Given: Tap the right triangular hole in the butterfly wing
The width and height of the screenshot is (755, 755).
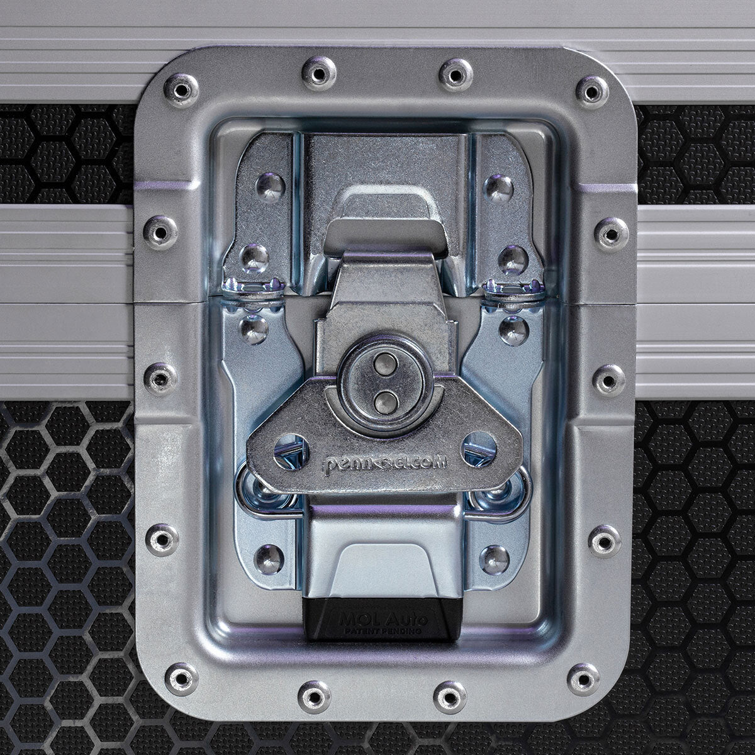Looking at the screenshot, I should pyautogui.click(x=478, y=449).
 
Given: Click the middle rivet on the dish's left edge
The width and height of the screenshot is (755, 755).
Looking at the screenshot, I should pyautogui.click(x=160, y=377).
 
